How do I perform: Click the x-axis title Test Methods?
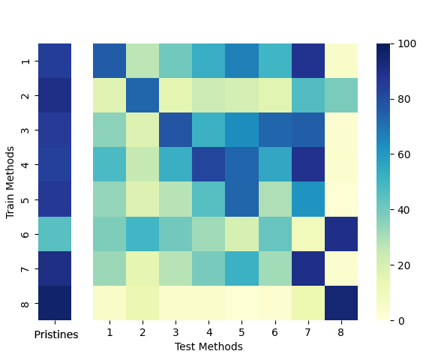pos(208,346)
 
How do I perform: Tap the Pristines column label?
pos(56,334)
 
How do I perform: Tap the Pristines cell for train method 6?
pos(55,234)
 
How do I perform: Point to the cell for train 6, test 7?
pos(309,234)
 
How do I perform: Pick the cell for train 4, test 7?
pos(309,165)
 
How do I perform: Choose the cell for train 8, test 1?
pos(110,303)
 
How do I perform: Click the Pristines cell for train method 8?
pos(55,303)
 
